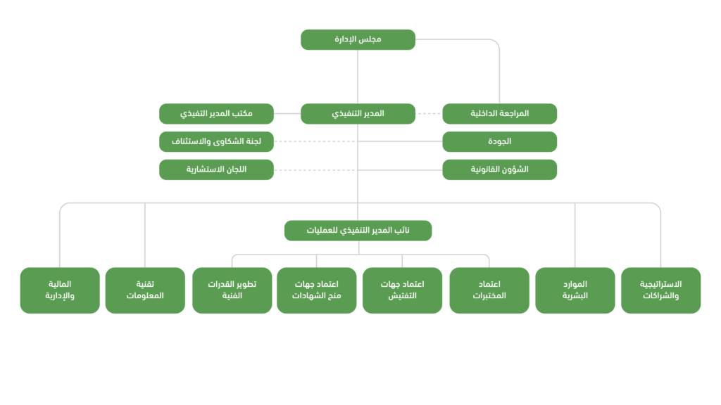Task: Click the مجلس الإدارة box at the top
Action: [358, 39]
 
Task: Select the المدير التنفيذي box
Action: [358, 114]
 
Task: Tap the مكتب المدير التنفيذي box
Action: [216, 114]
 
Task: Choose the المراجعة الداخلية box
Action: [499, 114]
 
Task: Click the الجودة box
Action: [499, 141]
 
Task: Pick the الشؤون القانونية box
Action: [499, 169]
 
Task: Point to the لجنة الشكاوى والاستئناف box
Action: [216, 141]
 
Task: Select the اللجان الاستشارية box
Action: [216, 169]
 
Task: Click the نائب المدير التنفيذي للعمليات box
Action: [358, 231]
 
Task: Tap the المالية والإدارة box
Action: [60, 290]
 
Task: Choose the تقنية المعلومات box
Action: [145, 290]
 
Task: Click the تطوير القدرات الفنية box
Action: [232, 290]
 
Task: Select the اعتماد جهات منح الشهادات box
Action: [316, 290]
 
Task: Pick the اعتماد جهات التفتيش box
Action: [402, 290]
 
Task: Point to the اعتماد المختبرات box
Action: [489, 290]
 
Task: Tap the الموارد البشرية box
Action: [575, 290]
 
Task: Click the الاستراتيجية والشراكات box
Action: [660, 290]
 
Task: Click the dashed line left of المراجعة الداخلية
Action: [429, 114]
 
